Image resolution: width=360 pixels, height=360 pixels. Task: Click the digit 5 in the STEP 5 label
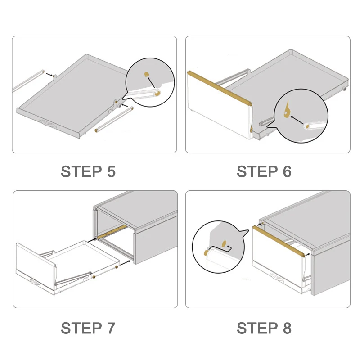111,171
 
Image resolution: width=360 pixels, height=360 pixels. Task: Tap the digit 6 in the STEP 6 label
287,171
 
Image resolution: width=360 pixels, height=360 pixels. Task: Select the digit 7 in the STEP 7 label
111,328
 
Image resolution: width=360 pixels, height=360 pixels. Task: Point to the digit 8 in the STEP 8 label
287,328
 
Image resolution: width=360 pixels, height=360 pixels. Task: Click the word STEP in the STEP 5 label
81,171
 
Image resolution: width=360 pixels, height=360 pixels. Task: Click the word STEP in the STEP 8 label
257,328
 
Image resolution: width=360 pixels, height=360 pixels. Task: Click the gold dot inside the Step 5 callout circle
146,74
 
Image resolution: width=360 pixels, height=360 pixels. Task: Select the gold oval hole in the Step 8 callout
224,244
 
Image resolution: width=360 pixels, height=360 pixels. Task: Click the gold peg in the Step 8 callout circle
206,252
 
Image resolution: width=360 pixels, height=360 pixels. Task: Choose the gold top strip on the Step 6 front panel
220,88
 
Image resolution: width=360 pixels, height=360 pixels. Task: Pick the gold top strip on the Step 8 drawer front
279,241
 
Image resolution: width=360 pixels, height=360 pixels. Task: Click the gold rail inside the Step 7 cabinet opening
112,232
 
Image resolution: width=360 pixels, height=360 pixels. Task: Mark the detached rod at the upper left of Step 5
28,81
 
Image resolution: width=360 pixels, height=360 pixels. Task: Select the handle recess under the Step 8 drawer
278,277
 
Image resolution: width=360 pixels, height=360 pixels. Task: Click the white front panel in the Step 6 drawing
219,108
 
